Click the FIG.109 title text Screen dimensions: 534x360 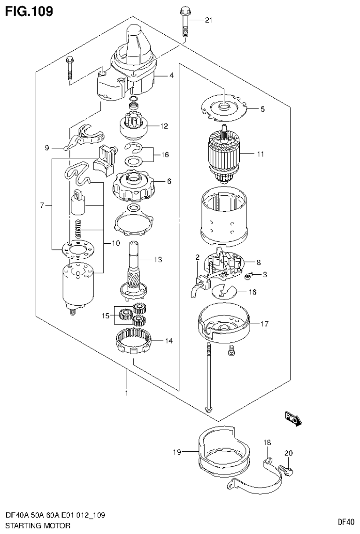pos(29,10)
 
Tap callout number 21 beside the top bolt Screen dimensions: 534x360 pos(208,20)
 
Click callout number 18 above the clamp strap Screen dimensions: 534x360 pos(267,442)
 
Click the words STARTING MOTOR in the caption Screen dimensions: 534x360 pos(38,526)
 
